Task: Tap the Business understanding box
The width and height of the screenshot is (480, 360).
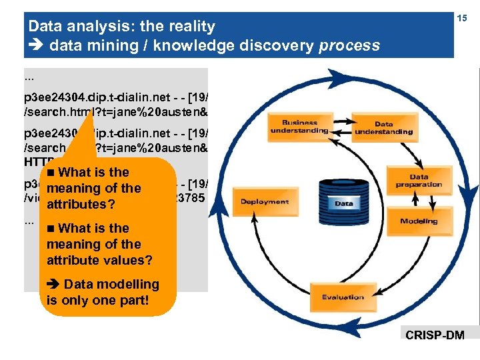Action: (299, 127)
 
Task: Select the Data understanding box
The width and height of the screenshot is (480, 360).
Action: (383, 128)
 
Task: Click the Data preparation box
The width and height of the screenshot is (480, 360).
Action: (418, 181)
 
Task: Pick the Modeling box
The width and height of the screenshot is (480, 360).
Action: (419, 221)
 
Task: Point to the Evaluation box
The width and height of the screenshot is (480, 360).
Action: (343, 297)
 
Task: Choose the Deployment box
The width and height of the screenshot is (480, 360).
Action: (264, 201)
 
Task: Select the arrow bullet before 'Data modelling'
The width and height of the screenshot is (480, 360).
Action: (53, 285)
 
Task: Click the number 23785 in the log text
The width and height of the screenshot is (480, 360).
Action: (192, 197)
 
